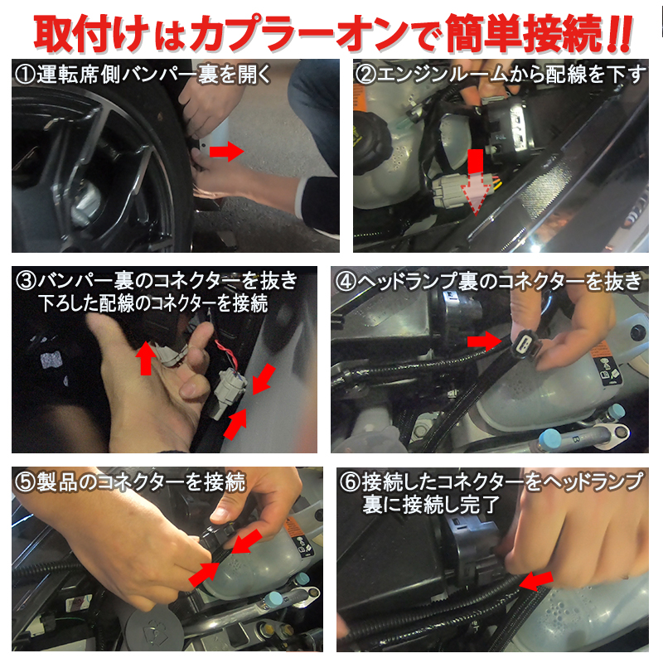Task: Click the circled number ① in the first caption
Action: pos(25,75)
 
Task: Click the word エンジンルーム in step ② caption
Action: pos(439,75)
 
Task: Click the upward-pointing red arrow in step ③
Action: pos(146,357)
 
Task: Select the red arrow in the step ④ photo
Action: pos(484,340)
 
